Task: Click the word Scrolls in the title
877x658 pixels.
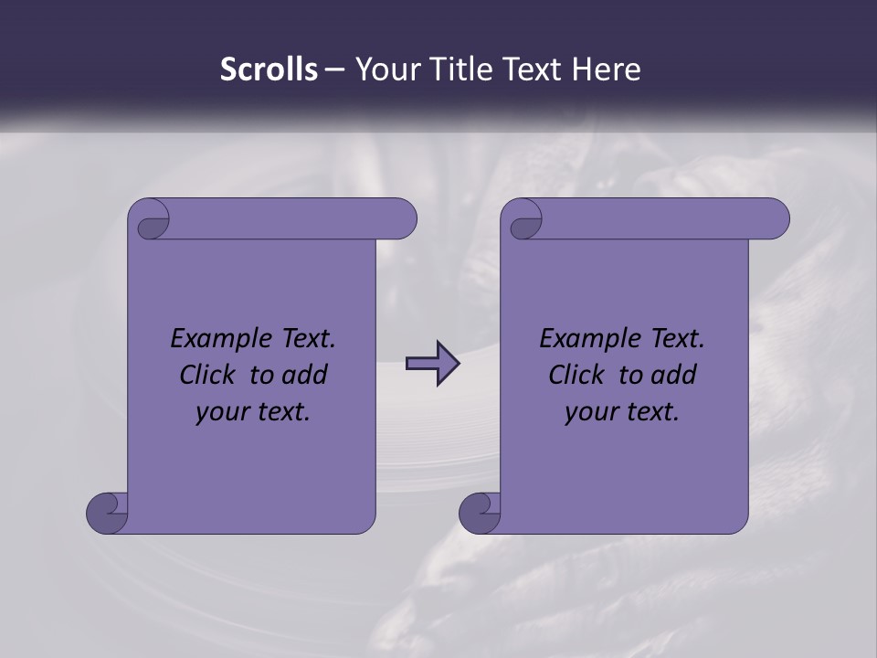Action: tap(269, 69)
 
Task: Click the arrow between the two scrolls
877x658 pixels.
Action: tap(432, 364)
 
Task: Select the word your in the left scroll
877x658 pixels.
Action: tap(219, 413)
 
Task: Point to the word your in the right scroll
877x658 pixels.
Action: tap(588, 413)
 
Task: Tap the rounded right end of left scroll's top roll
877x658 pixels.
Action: tap(402, 219)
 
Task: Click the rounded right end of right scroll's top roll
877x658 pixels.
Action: tap(775, 219)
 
